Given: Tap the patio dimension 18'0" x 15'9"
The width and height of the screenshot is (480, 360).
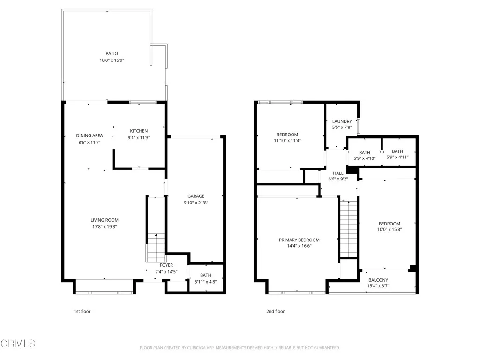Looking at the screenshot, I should coord(112,60).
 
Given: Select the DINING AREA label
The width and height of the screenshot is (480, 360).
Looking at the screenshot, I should coord(90,136).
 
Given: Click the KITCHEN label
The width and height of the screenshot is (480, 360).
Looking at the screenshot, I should coord(139,131).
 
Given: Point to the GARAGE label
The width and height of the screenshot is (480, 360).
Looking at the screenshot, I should coord(196,196).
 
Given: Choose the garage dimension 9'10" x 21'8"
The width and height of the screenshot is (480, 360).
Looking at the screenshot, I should coord(196,203).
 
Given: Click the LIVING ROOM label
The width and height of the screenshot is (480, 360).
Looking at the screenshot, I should coord(105,220).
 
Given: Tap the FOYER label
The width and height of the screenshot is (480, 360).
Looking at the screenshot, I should coord(166,265).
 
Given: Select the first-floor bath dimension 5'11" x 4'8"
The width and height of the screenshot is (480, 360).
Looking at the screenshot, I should coord(205,282).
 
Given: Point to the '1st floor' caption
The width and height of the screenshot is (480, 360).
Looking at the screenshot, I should coord(82,311).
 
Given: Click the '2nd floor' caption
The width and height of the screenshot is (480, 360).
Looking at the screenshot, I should coord(276,311).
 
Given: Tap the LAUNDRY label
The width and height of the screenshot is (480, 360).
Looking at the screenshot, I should coord(342,121).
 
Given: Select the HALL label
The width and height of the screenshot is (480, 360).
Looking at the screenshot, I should coord(338,173).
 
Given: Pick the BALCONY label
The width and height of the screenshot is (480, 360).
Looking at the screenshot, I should coord(378,280).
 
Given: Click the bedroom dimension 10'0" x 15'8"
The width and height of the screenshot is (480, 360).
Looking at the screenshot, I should coord(390,230).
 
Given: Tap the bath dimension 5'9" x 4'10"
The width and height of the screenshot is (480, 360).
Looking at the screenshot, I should coord(365,158).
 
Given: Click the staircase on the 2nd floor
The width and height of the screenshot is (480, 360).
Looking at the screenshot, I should coord(348,229).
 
